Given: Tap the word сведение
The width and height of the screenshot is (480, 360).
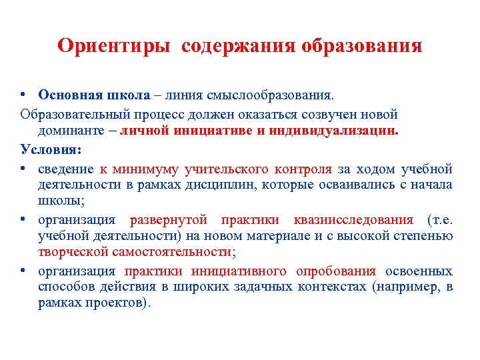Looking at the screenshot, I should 66,167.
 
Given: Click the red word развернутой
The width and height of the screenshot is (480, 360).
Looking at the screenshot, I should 169,219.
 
